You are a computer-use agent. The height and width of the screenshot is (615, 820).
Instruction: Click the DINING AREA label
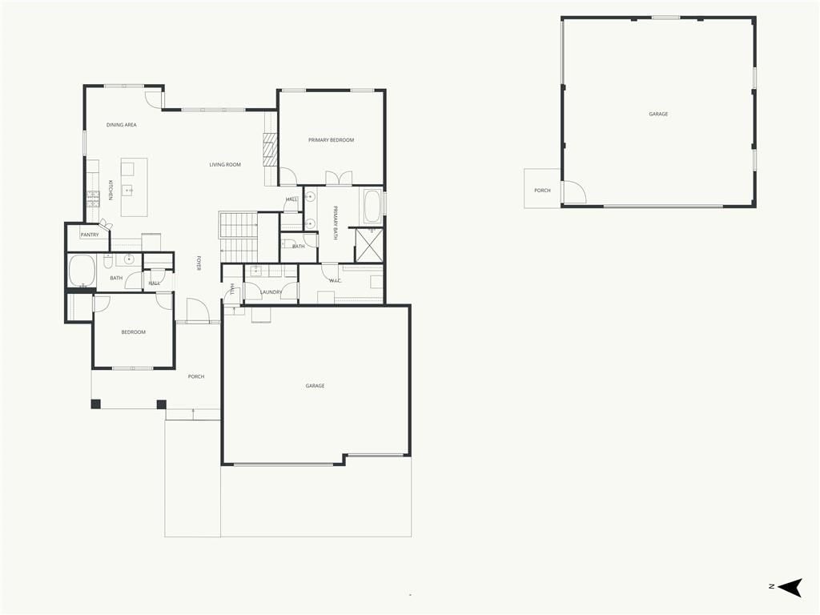122,125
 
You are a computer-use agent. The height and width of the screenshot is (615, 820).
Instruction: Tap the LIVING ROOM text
225,165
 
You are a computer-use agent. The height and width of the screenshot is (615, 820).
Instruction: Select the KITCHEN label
111,191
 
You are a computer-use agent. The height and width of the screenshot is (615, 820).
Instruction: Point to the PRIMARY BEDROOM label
331,140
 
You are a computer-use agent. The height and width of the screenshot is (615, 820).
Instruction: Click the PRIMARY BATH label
336,223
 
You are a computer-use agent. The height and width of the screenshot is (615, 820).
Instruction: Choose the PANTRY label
90,235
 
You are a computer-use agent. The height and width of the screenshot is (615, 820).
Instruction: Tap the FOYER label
199,263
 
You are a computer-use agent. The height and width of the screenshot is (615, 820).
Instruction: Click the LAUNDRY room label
271,292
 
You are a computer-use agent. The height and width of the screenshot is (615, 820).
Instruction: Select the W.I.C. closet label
336,281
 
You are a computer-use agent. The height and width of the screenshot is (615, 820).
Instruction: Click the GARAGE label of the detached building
658,114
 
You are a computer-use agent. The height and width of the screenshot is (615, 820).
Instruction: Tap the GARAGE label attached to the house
315,386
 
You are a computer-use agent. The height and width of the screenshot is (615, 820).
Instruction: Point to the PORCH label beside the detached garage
542,191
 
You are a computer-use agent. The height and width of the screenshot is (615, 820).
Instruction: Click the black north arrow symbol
790,587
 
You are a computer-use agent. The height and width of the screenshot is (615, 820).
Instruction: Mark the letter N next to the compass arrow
771,586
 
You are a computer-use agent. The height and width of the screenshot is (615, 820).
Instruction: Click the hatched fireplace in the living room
269,149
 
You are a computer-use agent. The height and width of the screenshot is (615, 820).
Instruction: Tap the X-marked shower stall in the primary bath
369,245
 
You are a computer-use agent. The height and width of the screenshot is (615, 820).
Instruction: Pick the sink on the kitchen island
127,191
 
